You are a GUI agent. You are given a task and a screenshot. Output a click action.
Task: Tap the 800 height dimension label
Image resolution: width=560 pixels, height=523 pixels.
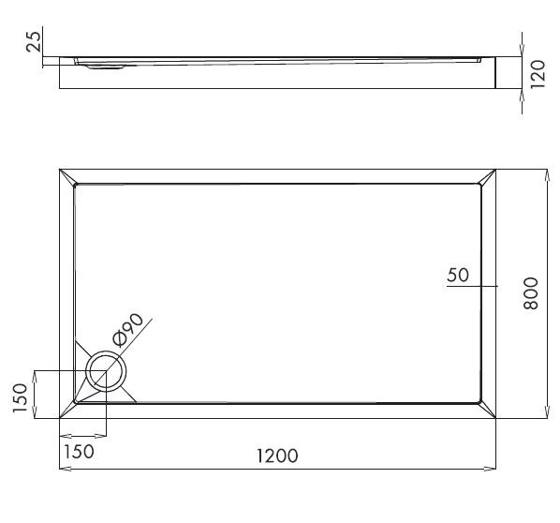tap(531, 294)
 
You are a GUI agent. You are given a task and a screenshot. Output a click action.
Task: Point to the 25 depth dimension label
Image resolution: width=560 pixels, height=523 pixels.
tap(35, 42)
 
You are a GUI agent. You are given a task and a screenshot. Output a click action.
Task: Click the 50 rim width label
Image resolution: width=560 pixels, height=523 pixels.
tap(458, 275)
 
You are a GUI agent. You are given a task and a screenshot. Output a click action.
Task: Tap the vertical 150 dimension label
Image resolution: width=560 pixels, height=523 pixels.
tap(18, 395)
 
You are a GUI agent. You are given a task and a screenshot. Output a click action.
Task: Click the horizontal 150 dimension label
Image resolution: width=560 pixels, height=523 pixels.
tap(79, 451)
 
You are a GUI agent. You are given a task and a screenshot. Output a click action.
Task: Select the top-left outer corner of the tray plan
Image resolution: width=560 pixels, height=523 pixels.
tap(59, 170)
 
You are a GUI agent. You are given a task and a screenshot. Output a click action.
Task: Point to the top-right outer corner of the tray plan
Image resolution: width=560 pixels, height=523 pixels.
tap(495, 170)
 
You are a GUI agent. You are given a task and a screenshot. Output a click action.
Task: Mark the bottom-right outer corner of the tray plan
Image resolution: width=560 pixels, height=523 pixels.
tap(495, 418)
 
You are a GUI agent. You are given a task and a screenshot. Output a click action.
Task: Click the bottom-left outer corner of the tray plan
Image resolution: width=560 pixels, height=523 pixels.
tap(59, 418)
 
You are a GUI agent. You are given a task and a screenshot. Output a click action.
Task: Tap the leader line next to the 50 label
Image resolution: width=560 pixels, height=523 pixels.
tap(463, 286)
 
